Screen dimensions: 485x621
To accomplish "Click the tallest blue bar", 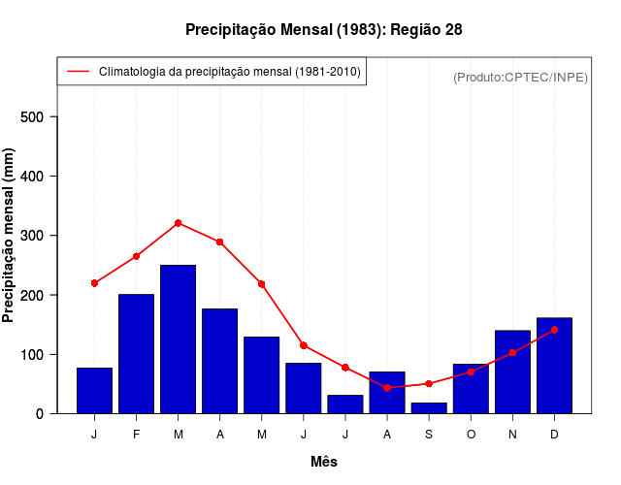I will point(178,339).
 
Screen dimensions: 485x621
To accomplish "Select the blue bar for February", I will point(136,354).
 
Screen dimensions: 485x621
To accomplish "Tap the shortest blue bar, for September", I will point(429,408).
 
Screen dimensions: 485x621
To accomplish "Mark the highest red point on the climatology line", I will point(178,223).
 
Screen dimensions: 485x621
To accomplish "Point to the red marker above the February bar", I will point(136,256).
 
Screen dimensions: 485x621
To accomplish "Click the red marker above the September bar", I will point(429,384).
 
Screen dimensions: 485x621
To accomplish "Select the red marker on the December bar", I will point(554,330).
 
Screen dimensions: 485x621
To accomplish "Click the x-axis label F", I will point(136,435).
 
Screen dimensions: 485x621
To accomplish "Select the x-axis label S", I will point(429,435).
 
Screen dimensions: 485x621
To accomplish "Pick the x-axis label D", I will point(554,435).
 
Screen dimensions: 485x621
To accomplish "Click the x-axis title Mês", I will point(324,463).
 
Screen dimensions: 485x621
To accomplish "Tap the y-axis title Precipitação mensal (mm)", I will point(9,236).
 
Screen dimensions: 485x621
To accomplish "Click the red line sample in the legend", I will point(77,72).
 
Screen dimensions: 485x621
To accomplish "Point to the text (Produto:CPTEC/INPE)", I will point(520,77).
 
